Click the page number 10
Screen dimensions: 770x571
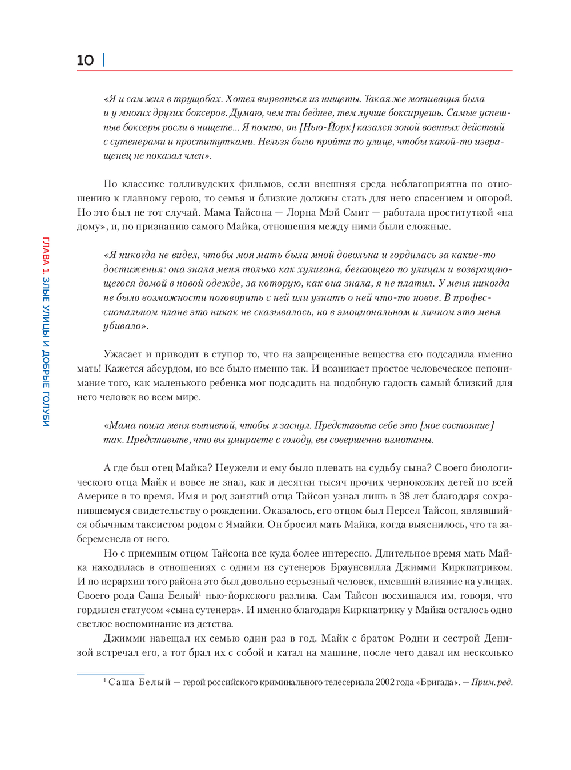(85, 61)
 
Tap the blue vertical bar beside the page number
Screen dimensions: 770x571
(103, 60)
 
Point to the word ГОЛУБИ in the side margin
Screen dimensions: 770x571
(46, 409)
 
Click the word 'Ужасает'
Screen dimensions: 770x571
(122, 354)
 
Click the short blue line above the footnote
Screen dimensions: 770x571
(111, 674)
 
